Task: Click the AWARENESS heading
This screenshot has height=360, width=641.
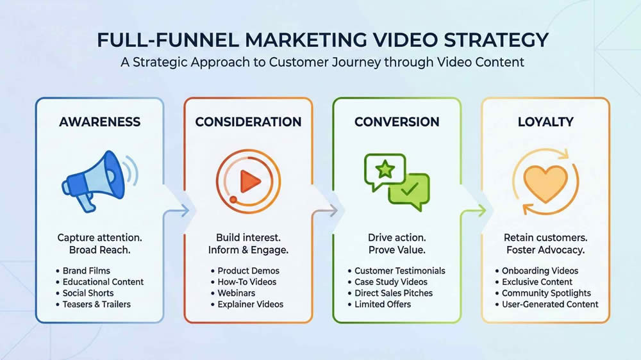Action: [99, 122]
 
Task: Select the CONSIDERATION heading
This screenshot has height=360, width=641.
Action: [248, 122]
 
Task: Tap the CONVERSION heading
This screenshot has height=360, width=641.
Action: [397, 122]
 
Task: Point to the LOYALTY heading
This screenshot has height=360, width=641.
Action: [545, 122]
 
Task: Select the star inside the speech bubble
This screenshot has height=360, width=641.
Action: [385, 170]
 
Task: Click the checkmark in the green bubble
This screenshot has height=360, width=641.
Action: [408, 190]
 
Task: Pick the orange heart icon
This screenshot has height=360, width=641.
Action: [545, 181]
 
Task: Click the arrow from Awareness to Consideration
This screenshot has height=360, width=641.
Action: [183, 210]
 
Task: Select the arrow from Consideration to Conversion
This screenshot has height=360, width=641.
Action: [331, 210]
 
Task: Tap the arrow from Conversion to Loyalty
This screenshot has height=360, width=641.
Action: [480, 210]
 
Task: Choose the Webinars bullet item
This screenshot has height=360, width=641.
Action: [236, 293]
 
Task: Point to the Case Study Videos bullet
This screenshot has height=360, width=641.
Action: [391, 282]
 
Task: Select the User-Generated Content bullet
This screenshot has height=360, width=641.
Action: [550, 304]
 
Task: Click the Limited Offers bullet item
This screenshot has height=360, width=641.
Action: [383, 304]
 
